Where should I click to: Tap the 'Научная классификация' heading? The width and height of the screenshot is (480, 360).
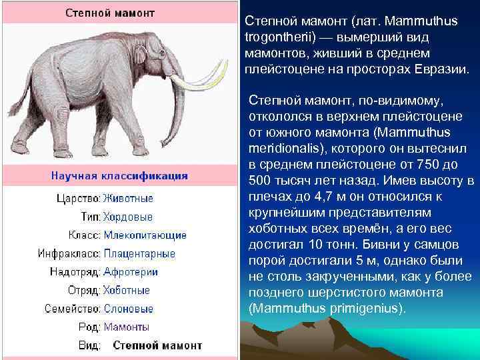(120, 177)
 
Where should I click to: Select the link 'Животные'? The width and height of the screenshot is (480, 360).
(128, 199)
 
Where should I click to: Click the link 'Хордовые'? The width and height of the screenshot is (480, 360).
(127, 217)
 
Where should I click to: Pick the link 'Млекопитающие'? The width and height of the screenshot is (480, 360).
(145, 235)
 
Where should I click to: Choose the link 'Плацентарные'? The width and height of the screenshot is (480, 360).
(139, 253)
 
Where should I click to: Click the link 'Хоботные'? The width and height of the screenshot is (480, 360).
(127, 291)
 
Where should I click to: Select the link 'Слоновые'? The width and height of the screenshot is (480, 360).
(128, 309)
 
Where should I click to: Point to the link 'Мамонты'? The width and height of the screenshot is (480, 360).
(127, 327)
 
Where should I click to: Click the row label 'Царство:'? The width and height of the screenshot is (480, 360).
(78, 199)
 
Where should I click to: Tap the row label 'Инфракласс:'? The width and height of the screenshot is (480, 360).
(69, 253)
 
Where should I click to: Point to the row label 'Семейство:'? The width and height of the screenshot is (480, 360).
(72, 309)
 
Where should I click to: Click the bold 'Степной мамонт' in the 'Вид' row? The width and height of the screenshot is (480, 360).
(157, 345)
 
